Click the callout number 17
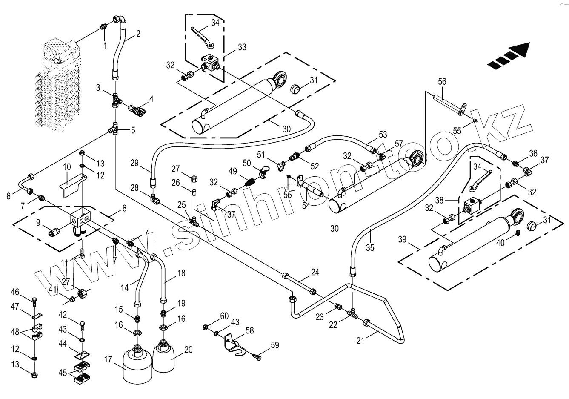[x=108, y=360]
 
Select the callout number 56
[x=442, y=81]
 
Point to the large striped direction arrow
[x=509, y=55]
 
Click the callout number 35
[x=370, y=247]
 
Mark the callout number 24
[x=315, y=272]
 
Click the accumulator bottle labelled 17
[x=137, y=365]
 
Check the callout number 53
[x=383, y=135]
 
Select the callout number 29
[x=134, y=162]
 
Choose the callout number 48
[x=15, y=332]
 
